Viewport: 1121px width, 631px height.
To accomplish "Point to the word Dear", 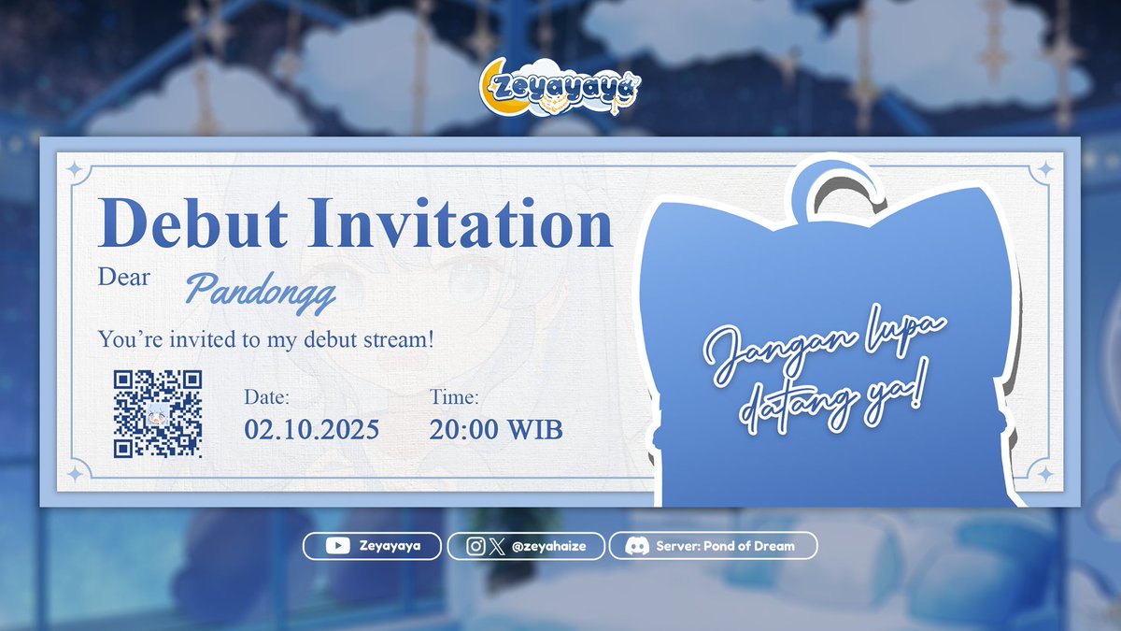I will (x=123, y=277).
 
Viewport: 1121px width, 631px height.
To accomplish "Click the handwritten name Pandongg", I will (x=261, y=289).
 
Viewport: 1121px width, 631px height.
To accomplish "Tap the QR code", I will (x=158, y=414).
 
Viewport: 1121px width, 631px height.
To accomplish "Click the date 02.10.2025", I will (x=311, y=429).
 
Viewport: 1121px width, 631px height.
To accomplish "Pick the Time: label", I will (x=454, y=396).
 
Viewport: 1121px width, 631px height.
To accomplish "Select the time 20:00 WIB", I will (x=495, y=429).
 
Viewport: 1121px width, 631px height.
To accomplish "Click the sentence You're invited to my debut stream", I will (x=265, y=338).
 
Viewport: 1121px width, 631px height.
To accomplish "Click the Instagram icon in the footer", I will (x=475, y=546).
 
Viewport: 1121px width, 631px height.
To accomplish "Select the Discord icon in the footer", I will (x=638, y=546).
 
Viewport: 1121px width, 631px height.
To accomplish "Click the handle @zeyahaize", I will (x=549, y=546).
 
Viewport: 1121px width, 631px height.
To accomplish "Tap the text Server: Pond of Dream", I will (x=724, y=546).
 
